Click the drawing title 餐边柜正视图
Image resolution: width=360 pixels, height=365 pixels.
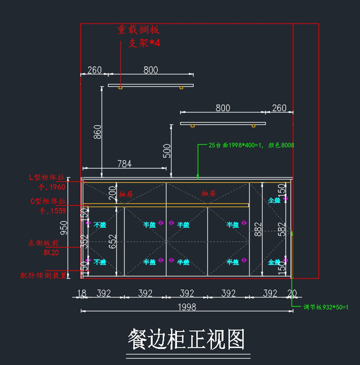tap(186, 340)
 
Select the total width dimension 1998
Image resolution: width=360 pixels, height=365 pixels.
tap(187, 307)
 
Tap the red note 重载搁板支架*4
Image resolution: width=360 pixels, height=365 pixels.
tap(139, 36)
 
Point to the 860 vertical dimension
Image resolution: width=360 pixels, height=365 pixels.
tap(97, 132)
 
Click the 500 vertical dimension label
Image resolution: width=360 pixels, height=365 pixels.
tap(167, 151)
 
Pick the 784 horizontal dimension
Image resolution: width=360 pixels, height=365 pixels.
tap(124, 164)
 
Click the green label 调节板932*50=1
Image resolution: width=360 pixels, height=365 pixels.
tap(325, 307)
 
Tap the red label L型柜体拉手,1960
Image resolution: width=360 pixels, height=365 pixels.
tap(47, 182)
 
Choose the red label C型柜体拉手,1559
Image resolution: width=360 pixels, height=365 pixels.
tap(48, 206)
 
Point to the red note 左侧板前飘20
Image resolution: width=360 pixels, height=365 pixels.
tap(44, 248)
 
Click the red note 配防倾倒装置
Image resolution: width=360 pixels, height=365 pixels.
tap(43, 275)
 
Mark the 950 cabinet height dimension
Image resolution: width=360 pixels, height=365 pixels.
tap(64, 228)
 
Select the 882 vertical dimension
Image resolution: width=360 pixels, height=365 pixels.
tap(258, 229)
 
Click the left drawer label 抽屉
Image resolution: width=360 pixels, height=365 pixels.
tap(126, 194)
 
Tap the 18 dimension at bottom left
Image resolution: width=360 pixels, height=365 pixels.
tap(82, 293)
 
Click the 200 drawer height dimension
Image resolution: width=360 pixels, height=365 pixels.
tap(112, 193)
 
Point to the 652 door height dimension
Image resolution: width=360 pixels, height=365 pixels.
tap(112, 242)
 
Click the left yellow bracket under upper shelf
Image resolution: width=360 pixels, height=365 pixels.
tap(120, 88)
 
